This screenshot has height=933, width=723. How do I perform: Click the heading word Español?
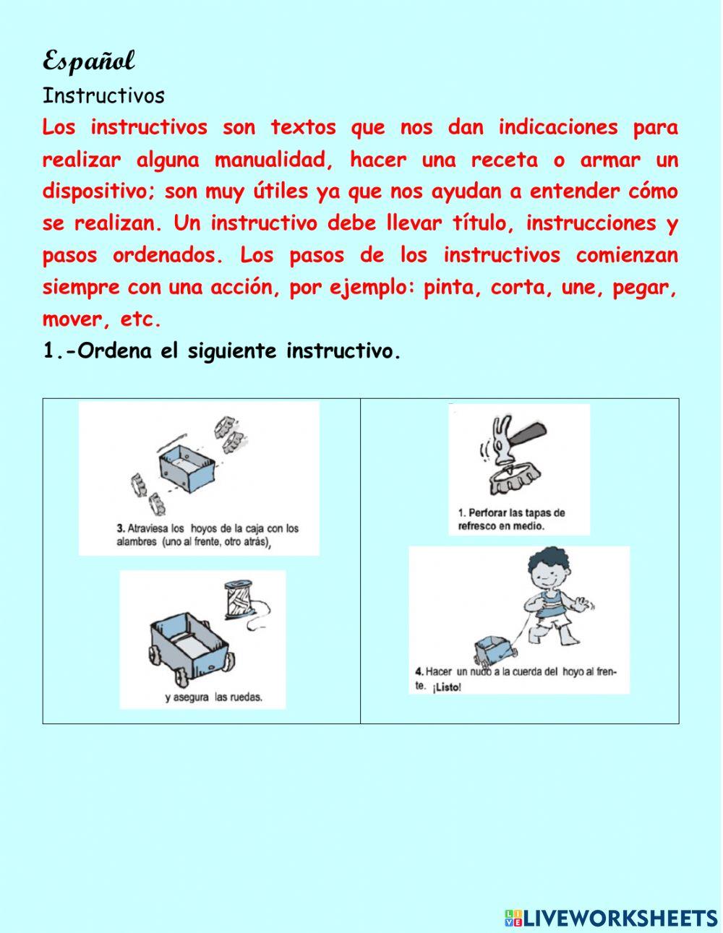coord(88,61)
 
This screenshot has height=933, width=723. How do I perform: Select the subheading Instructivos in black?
coord(103,96)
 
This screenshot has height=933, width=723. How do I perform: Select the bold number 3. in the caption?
coord(121,528)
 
